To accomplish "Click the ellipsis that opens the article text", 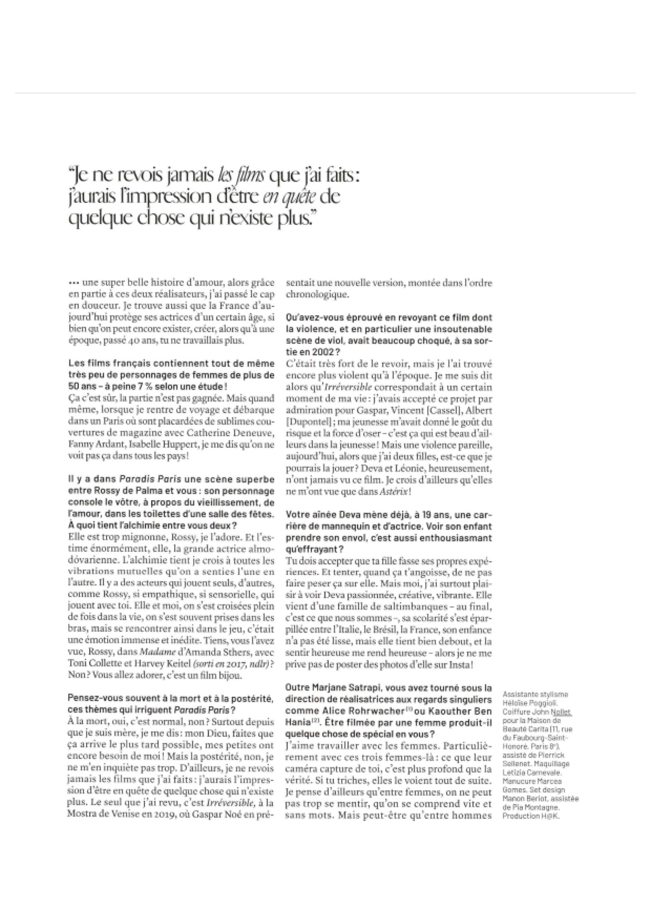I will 73,283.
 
